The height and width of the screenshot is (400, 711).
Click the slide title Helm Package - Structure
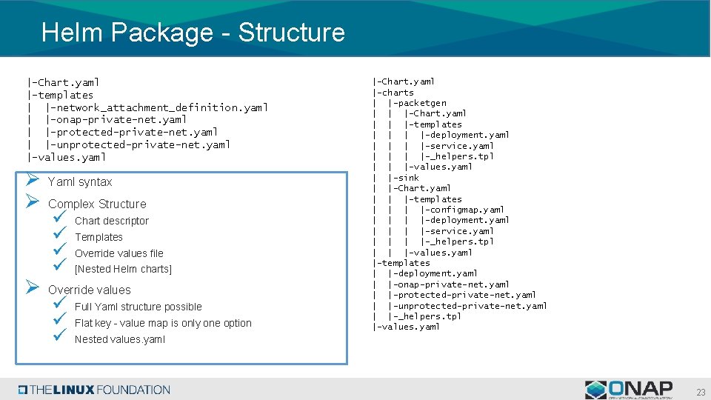(x=193, y=33)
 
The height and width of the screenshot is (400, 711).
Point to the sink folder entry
(x=406, y=178)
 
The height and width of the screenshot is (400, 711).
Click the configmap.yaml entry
(x=462, y=210)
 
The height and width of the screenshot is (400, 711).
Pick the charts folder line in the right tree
(x=395, y=93)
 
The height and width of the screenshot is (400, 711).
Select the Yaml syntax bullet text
(x=80, y=182)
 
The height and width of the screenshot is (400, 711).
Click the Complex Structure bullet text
(x=97, y=204)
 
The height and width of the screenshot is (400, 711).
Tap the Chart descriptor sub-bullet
(x=112, y=221)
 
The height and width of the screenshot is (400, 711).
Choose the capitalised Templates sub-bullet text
(x=99, y=238)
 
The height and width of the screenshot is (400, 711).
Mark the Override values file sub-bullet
(x=119, y=253)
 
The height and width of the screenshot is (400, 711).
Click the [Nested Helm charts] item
(x=123, y=270)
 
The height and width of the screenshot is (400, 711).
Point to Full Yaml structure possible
(x=138, y=307)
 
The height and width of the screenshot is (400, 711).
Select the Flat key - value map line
(x=163, y=324)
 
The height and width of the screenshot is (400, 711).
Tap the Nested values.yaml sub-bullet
(x=120, y=340)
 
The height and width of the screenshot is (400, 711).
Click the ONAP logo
(x=629, y=390)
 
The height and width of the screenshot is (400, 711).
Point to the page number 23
(x=700, y=392)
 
